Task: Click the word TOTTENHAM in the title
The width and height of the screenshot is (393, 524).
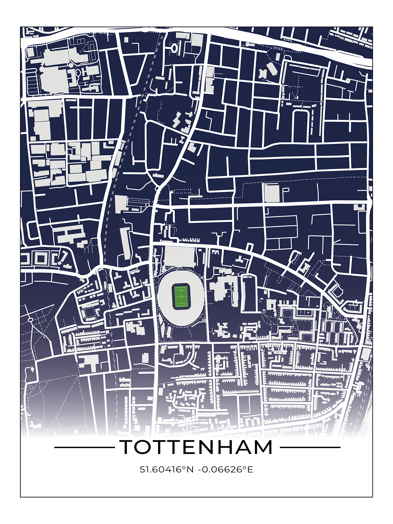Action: [x=196, y=447]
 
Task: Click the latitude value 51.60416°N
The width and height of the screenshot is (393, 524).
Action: [x=166, y=469]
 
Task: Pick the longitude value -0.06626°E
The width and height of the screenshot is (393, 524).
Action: [x=226, y=469]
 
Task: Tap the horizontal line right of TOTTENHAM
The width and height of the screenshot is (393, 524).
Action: [x=310, y=447]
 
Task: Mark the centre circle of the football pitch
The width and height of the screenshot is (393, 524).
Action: [x=181, y=297]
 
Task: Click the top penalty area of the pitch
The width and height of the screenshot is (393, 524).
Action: [x=181, y=289]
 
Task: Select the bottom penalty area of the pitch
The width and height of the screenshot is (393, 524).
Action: [x=181, y=304]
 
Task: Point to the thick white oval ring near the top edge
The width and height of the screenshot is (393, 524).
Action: [x=174, y=48]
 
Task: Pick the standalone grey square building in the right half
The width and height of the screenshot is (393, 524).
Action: [x=272, y=193]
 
